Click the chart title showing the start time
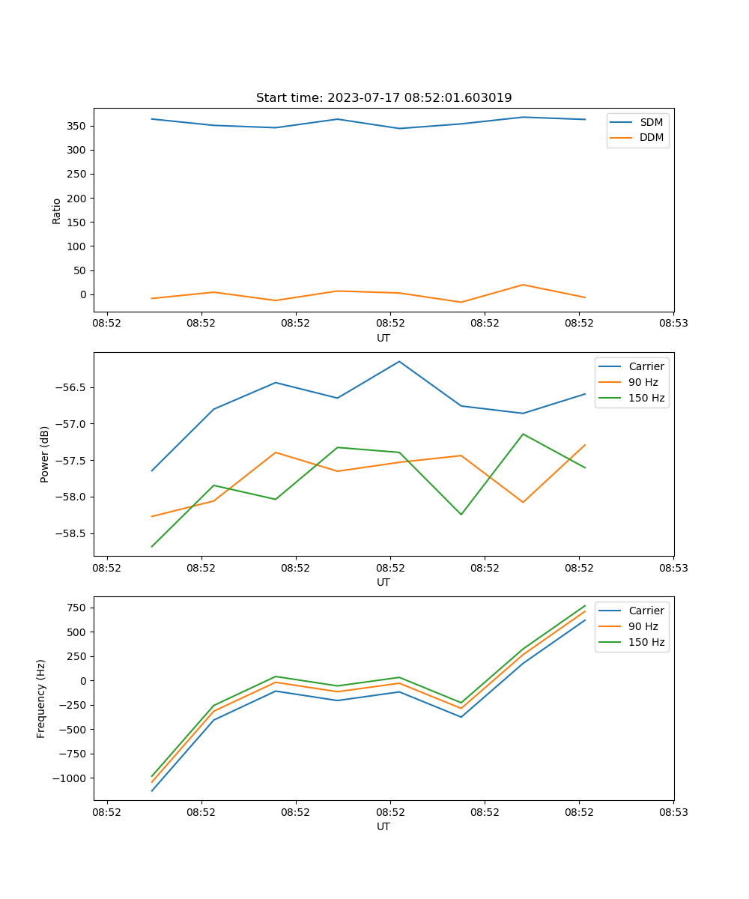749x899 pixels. coord(383,97)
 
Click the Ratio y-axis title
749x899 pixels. coord(56,211)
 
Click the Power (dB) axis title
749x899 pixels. coord(45,454)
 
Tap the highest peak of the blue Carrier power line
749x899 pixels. coord(399,361)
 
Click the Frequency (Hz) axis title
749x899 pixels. coord(41,698)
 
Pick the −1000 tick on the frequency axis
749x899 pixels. coord(72,778)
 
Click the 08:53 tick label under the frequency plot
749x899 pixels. coord(673,811)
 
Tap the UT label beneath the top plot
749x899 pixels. coord(383,338)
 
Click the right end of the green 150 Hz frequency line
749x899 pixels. coord(585,605)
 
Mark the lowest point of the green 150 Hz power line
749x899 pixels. coord(152,546)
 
